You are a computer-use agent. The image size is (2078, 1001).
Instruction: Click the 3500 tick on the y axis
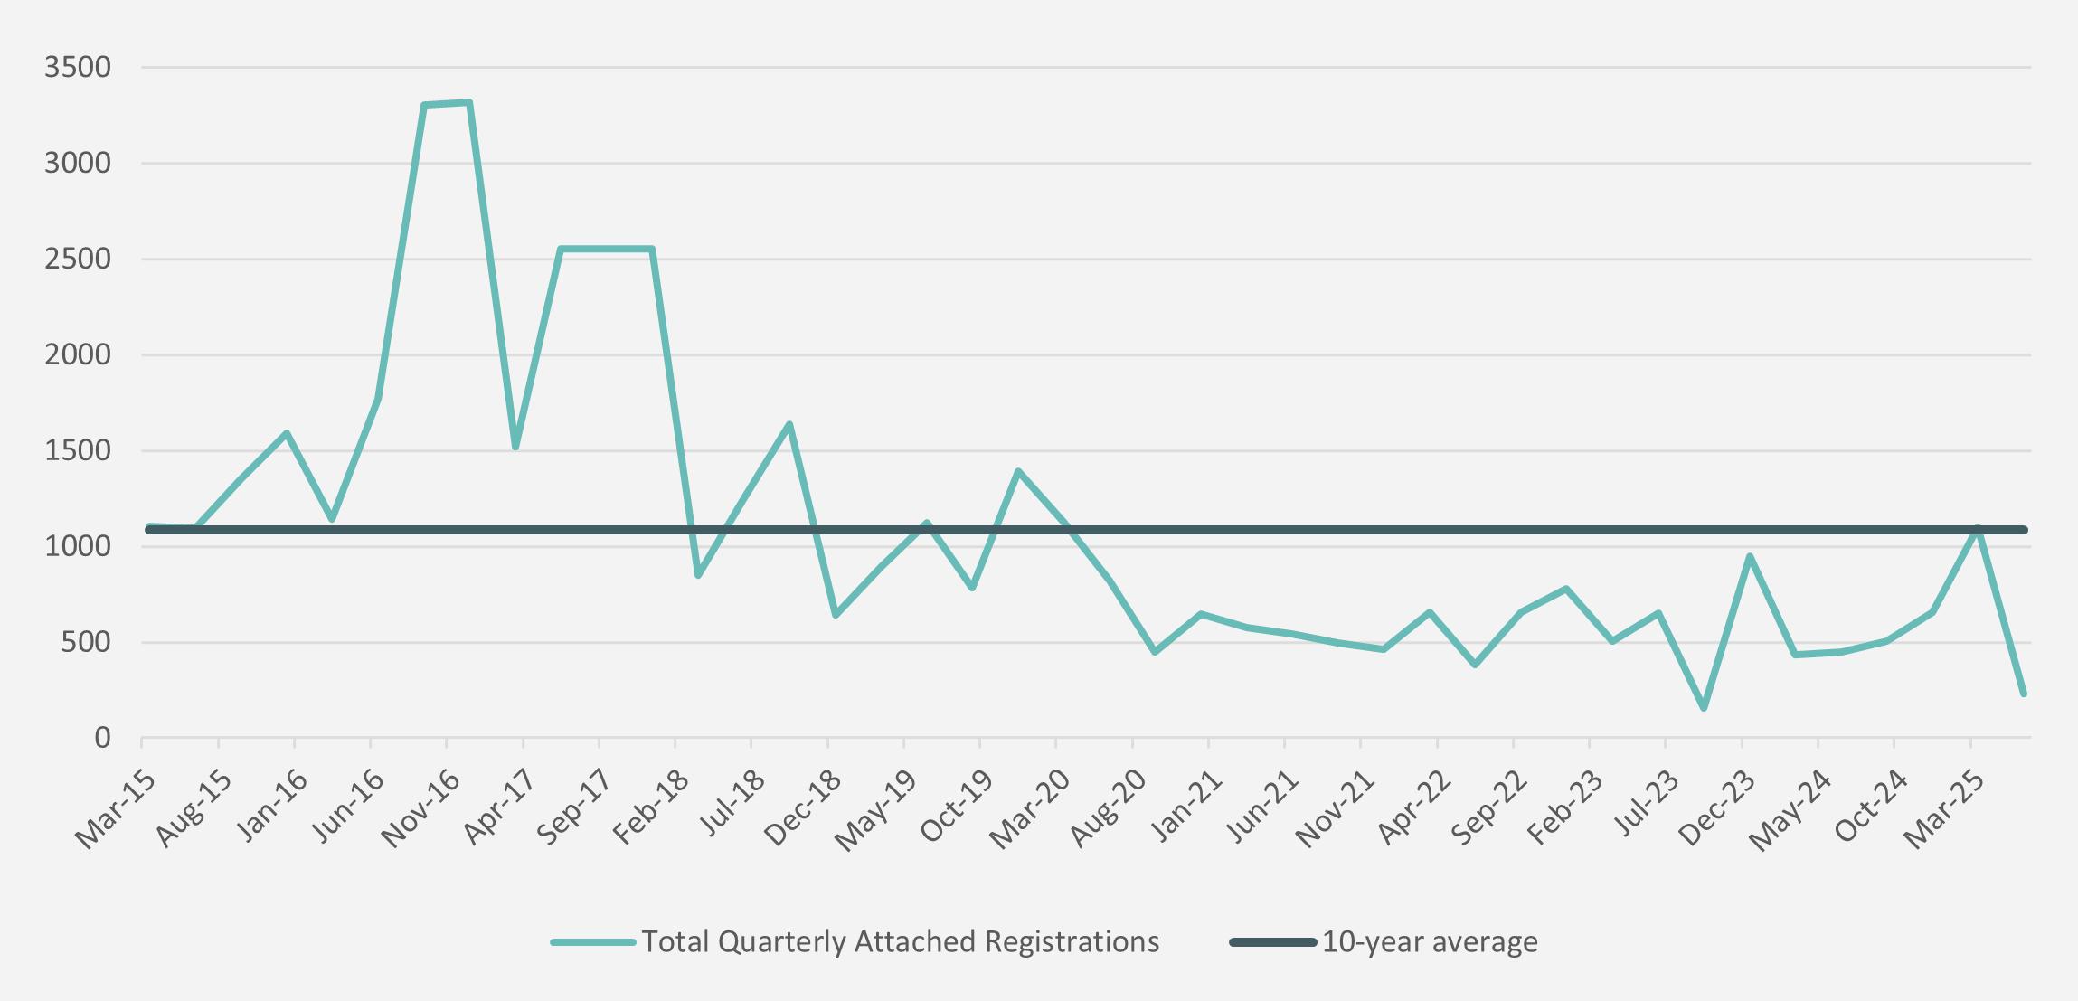click(x=78, y=68)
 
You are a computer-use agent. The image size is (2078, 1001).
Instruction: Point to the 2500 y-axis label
click(x=78, y=260)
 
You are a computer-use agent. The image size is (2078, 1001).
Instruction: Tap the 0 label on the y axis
click(x=102, y=739)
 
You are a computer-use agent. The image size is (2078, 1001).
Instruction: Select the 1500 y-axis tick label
click(x=78, y=451)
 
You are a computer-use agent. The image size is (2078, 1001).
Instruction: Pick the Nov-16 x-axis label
click(x=419, y=809)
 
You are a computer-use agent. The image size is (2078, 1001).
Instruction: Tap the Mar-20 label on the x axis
click(x=1028, y=809)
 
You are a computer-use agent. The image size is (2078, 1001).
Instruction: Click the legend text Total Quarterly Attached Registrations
click(x=901, y=942)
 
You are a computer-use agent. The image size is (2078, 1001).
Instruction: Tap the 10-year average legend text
click(x=1430, y=942)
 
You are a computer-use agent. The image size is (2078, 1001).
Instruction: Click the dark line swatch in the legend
click(x=1272, y=942)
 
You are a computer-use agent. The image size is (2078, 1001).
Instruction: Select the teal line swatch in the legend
click(x=593, y=942)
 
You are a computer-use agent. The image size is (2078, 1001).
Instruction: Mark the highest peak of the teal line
click(x=469, y=103)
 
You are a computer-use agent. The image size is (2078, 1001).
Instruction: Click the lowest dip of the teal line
click(x=1704, y=707)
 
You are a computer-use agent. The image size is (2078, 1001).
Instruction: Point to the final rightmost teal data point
click(x=2023, y=694)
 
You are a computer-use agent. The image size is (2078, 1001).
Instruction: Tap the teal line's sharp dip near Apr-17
click(x=515, y=447)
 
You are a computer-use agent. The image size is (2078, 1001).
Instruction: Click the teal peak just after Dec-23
click(x=1750, y=556)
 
